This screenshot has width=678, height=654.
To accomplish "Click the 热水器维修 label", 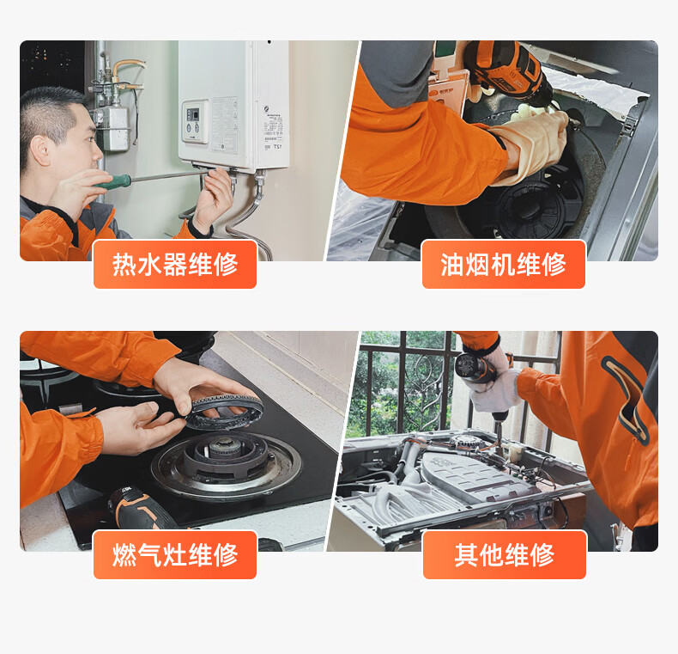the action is pos(175,264).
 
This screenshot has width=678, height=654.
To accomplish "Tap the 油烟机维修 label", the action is pos(504,264).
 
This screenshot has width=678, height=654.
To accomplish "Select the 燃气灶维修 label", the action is pos(175,555).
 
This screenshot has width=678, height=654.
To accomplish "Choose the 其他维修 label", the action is pos(505,555).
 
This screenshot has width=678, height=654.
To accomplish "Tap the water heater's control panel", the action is pos(194,121).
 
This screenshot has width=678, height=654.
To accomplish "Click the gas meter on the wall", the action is pos(112,129).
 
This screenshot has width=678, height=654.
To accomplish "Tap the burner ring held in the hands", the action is pos(224,412).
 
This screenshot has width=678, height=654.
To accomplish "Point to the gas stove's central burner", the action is pos(226,458).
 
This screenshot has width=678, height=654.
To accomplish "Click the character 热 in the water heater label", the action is pos(124,264).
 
